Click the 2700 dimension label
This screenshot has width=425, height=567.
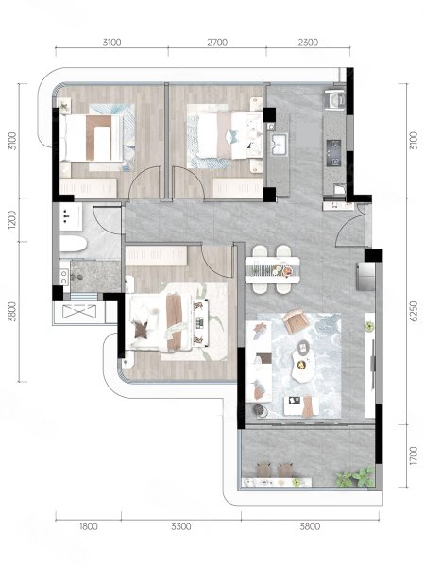217,43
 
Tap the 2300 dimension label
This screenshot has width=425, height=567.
308,43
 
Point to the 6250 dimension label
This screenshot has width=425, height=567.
415,311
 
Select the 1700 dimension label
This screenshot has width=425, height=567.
415,455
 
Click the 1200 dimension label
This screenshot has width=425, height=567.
12,219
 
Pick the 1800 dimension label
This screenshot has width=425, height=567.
88,526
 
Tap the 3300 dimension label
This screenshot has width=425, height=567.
181,526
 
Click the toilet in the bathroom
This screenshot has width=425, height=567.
73,244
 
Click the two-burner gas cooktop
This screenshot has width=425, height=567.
333,153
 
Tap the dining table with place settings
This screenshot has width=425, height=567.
273,269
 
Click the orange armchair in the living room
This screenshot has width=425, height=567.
297,320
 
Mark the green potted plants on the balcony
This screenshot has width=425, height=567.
355,477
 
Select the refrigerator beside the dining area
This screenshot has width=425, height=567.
365,276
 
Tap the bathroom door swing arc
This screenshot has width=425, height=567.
105,220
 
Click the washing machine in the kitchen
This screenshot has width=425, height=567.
335,99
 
